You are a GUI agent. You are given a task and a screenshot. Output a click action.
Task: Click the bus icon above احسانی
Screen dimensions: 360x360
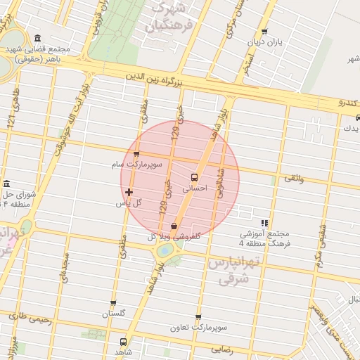click(x=194, y=177)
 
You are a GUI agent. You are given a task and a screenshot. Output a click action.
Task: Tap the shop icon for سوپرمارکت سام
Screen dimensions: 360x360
click(x=136, y=154)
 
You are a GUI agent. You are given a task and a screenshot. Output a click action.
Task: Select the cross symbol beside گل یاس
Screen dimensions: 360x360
click(x=129, y=191)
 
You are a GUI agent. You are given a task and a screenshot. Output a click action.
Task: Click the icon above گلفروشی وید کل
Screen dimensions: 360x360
click(x=174, y=226)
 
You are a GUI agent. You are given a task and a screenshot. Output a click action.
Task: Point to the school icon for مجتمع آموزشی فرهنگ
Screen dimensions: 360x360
click(x=264, y=222)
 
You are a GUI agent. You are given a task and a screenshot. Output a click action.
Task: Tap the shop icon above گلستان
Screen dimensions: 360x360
click(x=113, y=304)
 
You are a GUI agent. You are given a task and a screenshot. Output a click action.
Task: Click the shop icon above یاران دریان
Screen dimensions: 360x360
click(x=264, y=32)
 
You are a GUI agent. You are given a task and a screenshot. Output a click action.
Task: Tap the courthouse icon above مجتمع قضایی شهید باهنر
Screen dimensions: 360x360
click(x=37, y=38)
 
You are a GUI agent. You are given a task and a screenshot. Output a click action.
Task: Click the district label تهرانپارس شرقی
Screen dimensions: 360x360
click(x=234, y=271)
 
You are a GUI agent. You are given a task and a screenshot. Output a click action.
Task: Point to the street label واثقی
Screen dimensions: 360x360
click(x=295, y=179)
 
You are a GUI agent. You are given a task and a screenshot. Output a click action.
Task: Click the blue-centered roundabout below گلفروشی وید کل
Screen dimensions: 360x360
click(x=164, y=250)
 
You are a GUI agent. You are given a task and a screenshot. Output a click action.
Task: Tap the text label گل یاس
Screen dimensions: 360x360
click(x=129, y=202)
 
